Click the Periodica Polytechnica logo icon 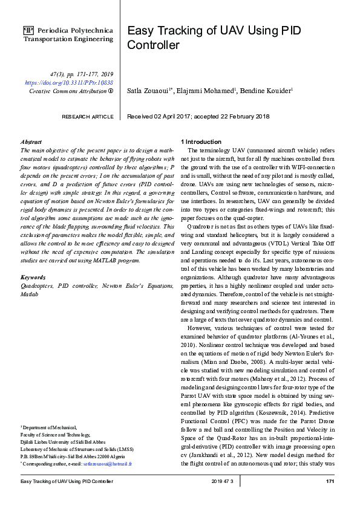click(28, 30)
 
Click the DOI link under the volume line click(69, 82)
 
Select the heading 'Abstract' click(31, 141)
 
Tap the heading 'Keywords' click(33, 277)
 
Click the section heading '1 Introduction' click(203, 141)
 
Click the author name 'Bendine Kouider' click(267, 91)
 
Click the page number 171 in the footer click(330, 481)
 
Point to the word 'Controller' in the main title click(153, 45)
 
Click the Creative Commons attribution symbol click(111, 91)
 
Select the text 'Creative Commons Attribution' click(67, 91)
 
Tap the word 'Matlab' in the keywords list click(29, 294)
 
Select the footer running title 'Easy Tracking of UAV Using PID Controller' click(67, 481)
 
